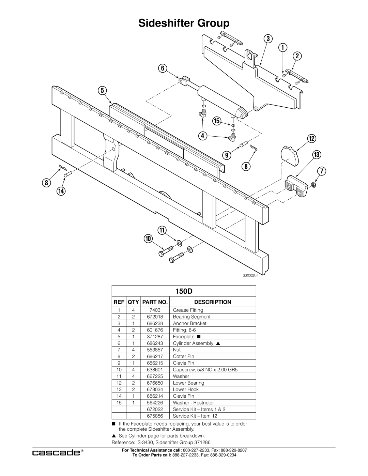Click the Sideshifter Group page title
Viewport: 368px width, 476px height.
point(184,23)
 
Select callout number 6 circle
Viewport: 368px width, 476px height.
point(163,68)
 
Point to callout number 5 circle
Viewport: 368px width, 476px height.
point(102,91)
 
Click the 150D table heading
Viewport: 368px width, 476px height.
point(184,292)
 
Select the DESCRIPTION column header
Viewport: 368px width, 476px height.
point(213,302)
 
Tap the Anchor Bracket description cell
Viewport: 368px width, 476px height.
point(189,323)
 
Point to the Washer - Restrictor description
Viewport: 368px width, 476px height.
point(193,403)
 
